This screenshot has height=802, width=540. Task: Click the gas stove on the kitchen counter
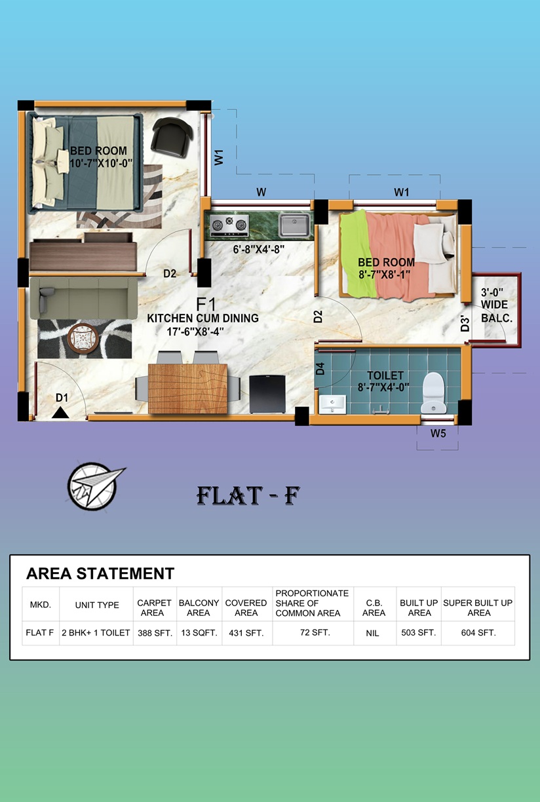(229, 225)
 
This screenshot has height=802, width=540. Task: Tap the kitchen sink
(294, 225)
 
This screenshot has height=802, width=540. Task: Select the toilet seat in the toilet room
(434, 392)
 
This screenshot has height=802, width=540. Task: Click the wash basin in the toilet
(332, 404)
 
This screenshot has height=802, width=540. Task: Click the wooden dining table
(187, 389)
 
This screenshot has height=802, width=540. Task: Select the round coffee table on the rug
(83, 338)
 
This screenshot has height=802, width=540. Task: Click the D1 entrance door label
(62, 398)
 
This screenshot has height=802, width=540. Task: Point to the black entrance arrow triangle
(60, 412)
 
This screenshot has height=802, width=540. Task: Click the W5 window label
(438, 434)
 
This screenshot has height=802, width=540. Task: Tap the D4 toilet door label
(320, 368)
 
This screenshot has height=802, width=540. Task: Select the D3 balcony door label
(465, 323)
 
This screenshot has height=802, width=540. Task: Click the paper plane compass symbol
(95, 486)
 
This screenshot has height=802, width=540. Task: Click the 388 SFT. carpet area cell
(155, 634)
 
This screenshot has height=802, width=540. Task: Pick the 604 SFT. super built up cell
(478, 633)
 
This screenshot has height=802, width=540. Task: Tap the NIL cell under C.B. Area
(372, 634)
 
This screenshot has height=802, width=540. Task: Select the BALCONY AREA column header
(199, 608)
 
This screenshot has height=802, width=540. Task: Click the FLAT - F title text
(248, 496)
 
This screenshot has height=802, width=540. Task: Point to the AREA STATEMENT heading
(100, 573)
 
